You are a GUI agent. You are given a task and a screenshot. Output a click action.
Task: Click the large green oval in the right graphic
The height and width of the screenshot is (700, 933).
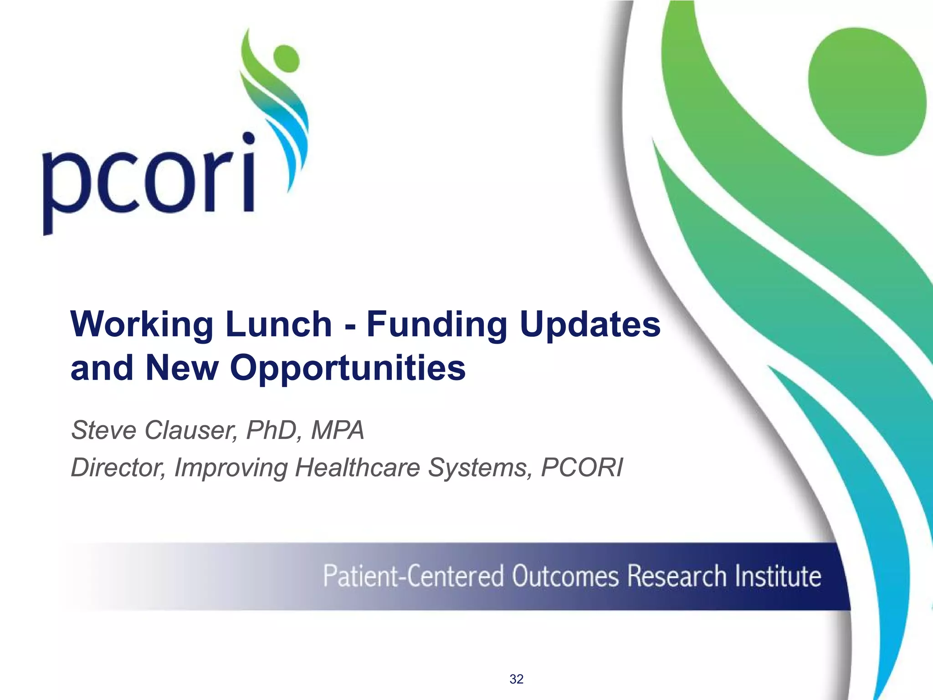[867, 91]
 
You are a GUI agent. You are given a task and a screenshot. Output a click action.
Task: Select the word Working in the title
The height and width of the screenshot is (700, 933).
[141, 325]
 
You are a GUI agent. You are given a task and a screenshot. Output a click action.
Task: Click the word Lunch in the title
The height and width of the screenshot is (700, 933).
[278, 324]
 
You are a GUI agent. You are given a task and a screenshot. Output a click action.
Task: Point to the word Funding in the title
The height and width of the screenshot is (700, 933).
[436, 324]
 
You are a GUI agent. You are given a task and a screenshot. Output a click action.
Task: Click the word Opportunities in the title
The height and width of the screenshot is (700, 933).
[347, 368]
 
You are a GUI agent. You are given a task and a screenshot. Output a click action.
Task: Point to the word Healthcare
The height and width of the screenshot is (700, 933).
[357, 468]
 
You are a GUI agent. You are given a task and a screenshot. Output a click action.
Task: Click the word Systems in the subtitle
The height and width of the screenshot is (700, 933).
[480, 468]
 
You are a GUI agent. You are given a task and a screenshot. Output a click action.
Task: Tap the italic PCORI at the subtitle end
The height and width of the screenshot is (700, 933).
[582, 468]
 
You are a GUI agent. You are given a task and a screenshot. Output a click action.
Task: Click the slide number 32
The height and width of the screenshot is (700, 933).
[516, 679]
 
